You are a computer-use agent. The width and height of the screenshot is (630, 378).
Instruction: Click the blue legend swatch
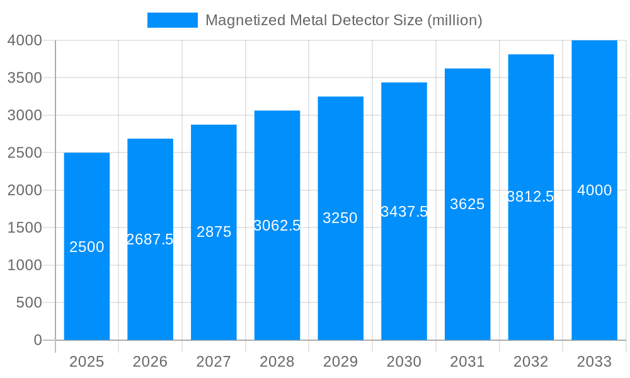pos(172,20)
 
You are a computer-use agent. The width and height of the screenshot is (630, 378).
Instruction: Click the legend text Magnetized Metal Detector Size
pos(343,20)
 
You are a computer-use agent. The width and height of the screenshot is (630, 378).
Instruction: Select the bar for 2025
pos(87,283)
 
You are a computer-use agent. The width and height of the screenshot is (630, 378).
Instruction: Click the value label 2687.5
pos(150,239)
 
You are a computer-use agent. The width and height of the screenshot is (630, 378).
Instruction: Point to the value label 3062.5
pos(277,226)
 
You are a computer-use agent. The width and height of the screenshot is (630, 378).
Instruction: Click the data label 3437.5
pos(404,212)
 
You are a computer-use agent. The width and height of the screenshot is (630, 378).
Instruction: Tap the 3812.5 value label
pos(530,197)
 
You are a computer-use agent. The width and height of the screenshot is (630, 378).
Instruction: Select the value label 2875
pos(214,232)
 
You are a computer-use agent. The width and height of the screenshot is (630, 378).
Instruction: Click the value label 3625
pos(467,204)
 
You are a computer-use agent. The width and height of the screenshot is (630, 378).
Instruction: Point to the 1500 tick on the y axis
pos(25,227)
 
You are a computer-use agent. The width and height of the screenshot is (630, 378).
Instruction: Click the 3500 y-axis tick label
pos(25,78)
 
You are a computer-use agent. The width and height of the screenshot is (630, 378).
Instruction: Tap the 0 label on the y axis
pos(37,340)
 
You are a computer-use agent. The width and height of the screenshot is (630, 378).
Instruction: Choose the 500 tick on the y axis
pos(29,302)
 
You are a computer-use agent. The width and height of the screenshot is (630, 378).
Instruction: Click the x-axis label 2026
pos(150,362)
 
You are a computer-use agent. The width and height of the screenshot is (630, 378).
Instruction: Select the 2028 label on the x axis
pos(277,362)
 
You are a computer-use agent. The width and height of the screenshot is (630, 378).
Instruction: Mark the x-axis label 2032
pos(530,362)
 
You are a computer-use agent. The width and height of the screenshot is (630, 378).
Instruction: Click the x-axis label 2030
pos(404,362)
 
